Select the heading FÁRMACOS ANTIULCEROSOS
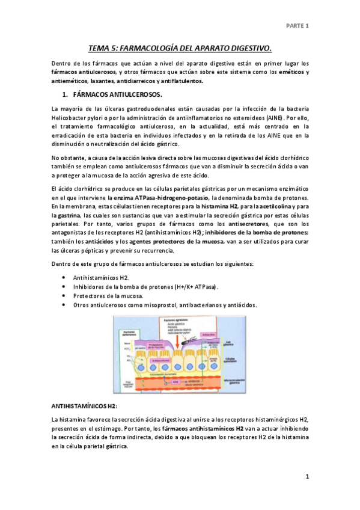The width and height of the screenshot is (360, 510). click(x=117, y=95)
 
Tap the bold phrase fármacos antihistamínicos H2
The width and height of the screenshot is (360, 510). click(x=203, y=428)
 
